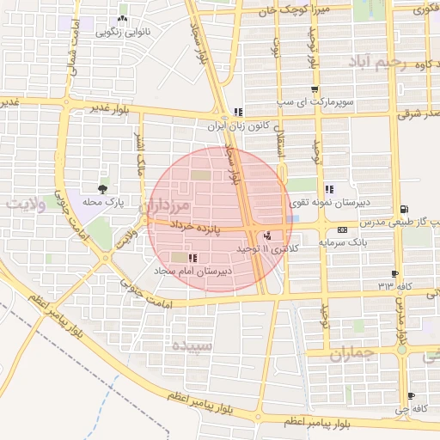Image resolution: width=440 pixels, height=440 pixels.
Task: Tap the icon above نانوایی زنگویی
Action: pos(122,18)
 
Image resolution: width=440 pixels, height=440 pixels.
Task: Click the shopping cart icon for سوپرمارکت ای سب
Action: pos(315,89)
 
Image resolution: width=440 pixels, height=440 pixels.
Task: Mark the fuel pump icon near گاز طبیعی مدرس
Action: pos(404,209)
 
